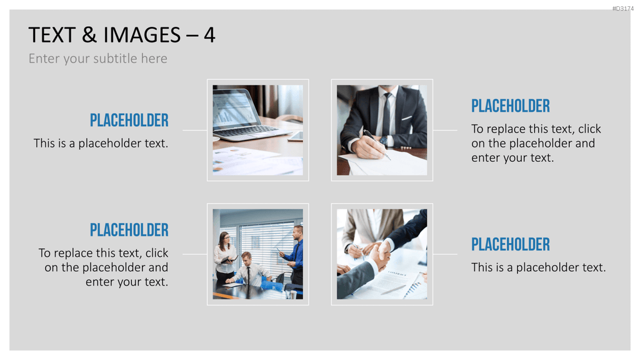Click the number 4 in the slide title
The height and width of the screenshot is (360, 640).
(209, 35)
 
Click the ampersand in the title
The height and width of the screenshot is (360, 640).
(89, 35)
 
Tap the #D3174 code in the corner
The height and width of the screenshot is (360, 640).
(623, 8)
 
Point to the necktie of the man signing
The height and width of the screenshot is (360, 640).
(386, 114)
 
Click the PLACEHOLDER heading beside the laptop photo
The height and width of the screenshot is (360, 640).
(129, 121)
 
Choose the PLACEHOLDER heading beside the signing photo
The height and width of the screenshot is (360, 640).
(511, 106)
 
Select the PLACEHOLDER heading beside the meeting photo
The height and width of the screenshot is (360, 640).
(129, 230)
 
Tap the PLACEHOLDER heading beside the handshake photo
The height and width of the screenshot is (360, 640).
(511, 244)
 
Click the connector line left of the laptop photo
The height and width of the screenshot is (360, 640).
(195, 130)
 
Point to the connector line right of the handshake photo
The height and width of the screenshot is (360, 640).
(445, 254)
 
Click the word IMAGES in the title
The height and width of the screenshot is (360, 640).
(142, 35)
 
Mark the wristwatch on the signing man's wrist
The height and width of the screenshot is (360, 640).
(384, 141)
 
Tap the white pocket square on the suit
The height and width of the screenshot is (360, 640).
(407, 118)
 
